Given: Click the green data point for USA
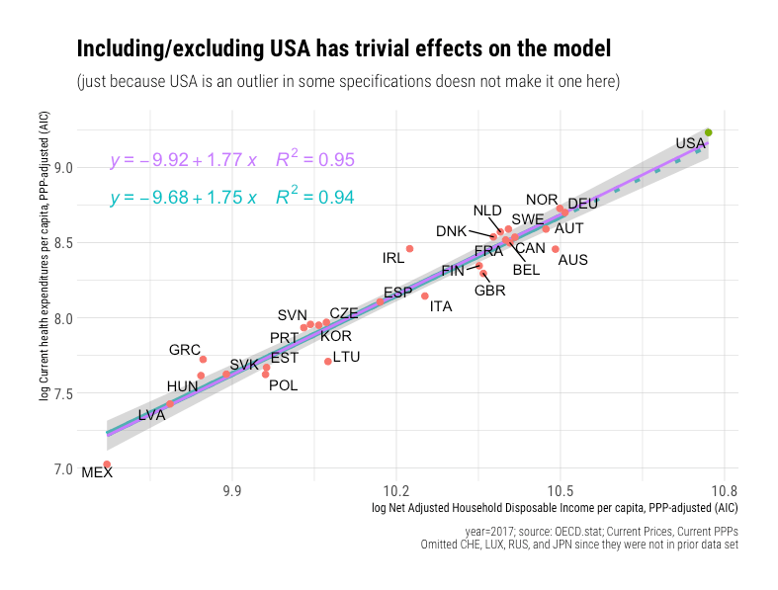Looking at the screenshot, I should tap(708, 132).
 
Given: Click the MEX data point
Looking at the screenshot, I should tap(107, 464).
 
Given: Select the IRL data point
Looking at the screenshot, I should tap(409, 249).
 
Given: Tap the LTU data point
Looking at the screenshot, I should tap(328, 362).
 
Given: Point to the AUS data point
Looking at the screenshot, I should tap(556, 249).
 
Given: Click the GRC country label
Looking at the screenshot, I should tap(185, 350).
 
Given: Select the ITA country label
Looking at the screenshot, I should tap(441, 306).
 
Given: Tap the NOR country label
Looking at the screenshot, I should tap(542, 200).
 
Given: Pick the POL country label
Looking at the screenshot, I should tap(283, 385).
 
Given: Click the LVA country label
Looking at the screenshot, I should tap(151, 415).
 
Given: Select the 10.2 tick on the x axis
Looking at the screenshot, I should tap(396, 489).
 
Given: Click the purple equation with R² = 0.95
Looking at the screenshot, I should tap(231, 159).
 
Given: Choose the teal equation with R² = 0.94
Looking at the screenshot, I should tap(231, 198).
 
